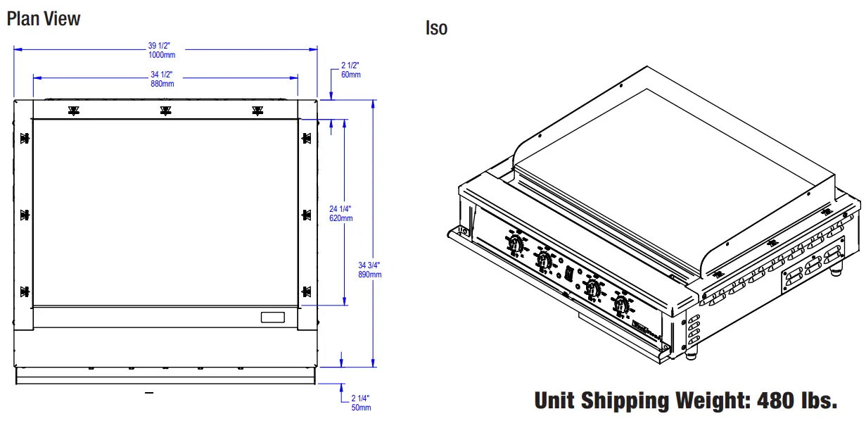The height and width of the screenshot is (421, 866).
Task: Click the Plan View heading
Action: pos(44,18)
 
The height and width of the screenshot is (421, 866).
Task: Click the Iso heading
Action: pos(436,28)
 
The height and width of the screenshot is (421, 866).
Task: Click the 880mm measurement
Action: pos(162,83)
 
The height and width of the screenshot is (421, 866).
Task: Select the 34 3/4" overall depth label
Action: pos(369,265)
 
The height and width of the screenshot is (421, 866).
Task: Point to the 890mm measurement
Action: pos(369,275)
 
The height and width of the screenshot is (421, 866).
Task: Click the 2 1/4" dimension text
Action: pos(360,398)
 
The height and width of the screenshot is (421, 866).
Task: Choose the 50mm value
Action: pos(360,408)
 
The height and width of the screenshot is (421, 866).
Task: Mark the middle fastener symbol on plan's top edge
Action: pos(165,111)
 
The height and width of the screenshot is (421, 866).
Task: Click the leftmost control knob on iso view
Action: pos(514,244)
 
